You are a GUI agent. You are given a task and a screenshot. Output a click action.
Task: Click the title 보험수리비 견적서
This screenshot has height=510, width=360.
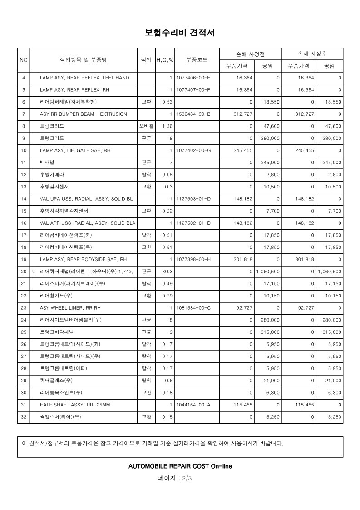pos(179,33)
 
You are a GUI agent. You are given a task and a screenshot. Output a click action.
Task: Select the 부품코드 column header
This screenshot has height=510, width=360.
pos(197,60)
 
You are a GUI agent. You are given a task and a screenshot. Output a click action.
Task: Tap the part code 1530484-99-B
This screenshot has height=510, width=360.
pos(193,114)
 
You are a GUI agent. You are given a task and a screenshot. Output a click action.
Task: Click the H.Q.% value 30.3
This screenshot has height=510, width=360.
pos(167,272)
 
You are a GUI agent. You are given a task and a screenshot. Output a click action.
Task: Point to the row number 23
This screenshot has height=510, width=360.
pos(24,308)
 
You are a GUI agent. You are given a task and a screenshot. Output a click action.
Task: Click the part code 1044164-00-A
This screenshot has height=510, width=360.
pos(193,405)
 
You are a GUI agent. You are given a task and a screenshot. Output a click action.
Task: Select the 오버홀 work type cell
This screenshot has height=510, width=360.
pos(146,126)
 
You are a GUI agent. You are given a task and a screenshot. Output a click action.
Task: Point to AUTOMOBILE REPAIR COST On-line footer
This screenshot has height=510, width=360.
pos(180,466)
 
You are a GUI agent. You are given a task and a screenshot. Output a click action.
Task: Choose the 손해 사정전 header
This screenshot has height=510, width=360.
pos(250,54)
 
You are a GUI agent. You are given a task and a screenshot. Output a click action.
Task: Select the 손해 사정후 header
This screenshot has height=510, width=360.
pos(312,54)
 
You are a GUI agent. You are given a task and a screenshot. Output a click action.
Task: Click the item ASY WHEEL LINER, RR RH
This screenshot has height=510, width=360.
pos(70,308)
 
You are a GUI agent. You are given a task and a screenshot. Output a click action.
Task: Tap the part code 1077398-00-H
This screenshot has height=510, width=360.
pos(193,259)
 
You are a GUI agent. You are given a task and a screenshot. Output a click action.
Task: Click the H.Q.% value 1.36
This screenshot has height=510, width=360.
pos(167,126)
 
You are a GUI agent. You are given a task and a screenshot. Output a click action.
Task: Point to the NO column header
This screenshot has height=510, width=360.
pos(24,60)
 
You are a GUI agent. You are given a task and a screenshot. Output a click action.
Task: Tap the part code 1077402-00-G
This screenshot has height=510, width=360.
pos(193,150)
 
